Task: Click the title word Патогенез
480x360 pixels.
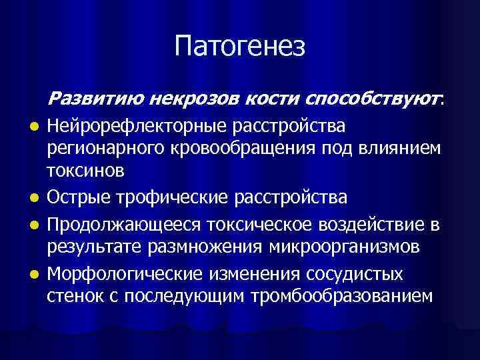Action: tap(240, 47)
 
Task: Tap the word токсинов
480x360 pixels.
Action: tap(85, 171)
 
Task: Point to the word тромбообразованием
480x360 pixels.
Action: tap(340, 296)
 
